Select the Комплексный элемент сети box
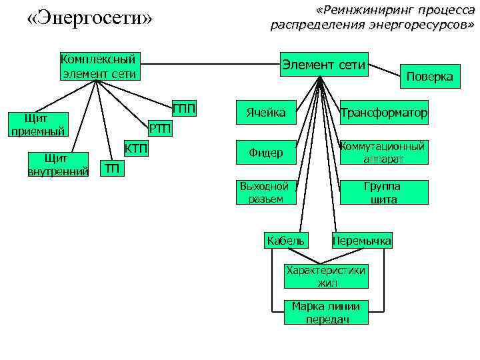point(99,66)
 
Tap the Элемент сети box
point(323,65)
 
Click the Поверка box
point(429,77)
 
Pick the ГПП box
point(184,108)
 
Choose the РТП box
point(159,128)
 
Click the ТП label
point(113,169)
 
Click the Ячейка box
point(266,113)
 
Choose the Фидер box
point(266,153)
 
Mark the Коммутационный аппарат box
point(383,153)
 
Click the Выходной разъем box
point(264,193)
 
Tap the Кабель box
point(285,241)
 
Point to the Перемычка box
point(362,241)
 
